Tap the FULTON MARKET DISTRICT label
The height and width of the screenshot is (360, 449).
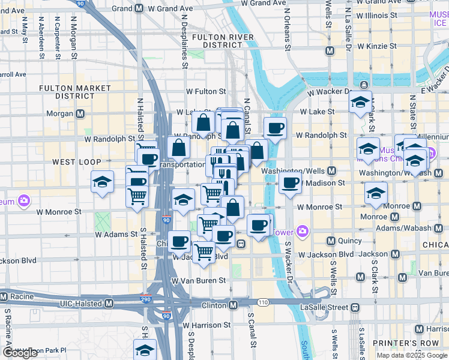coord(75,92)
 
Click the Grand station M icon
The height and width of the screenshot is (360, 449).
coord(139,8)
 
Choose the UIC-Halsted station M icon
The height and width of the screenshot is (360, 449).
coord(109,304)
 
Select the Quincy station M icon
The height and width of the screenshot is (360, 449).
coord(330,241)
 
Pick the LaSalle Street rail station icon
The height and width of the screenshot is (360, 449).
coord(354,307)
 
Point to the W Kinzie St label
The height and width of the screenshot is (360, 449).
coord(376,46)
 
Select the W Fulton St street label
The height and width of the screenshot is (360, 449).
coord(205,92)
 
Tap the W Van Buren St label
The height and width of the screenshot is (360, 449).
coord(198,280)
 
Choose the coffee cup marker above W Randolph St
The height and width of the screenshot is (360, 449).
coord(275,128)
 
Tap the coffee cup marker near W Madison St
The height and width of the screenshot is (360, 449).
coord(290,182)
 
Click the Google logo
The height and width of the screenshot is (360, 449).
coord(20,353)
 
